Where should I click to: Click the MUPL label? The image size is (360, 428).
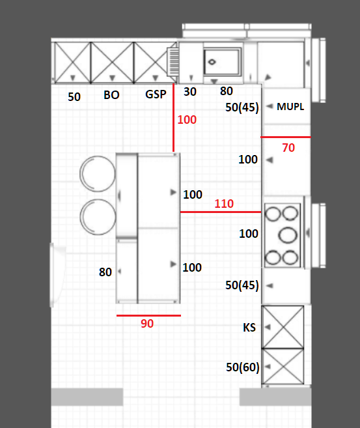click(290, 106)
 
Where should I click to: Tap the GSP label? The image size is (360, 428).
click(156, 94)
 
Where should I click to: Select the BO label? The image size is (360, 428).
click(111, 95)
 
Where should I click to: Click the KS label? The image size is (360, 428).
click(249, 328)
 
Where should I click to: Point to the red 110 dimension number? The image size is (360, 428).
click(224, 204)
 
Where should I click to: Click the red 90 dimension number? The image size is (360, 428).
click(147, 324)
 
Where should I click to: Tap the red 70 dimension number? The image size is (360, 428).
click(288, 148)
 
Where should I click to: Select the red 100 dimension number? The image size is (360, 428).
click(187, 120)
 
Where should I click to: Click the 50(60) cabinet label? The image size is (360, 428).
click(242, 367)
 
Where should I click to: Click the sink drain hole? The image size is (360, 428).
click(212, 62)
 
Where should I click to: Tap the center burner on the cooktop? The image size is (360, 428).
click(288, 235)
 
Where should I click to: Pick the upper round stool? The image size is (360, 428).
click(98, 174)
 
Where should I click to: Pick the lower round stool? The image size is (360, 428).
click(98, 217)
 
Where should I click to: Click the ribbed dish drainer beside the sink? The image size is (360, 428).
click(173, 62)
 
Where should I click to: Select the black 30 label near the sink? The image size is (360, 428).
click(190, 92)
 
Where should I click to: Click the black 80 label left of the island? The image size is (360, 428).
click(105, 272)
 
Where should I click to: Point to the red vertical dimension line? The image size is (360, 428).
click(173, 118)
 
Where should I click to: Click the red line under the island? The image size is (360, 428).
click(148, 315)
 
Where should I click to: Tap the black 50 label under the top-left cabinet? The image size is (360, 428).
click(74, 97)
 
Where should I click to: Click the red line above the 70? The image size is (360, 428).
click(286, 137)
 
